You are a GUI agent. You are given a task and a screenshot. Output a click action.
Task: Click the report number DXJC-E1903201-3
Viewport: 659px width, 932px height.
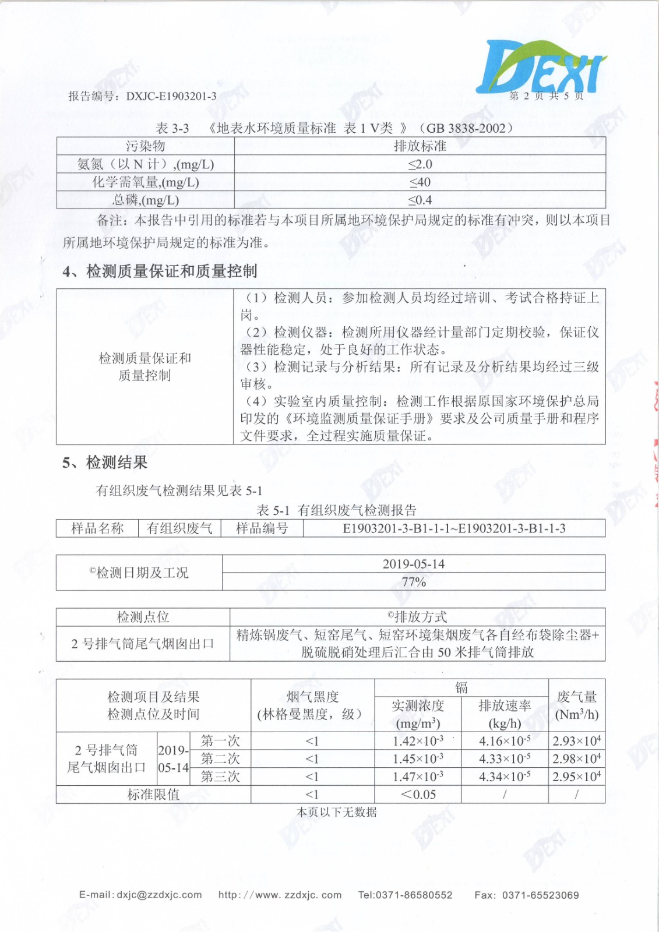(x=171, y=96)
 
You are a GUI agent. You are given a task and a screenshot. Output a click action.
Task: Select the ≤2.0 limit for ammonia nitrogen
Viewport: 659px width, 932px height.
(x=420, y=164)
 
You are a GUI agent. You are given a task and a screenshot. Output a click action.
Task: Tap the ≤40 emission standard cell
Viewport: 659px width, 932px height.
(x=420, y=182)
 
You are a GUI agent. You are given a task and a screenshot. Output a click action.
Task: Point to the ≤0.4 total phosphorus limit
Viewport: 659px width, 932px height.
(x=420, y=200)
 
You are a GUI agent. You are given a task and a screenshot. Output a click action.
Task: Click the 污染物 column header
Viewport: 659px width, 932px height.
(x=145, y=146)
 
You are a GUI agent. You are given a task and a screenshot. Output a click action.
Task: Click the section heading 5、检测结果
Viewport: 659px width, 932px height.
(x=105, y=463)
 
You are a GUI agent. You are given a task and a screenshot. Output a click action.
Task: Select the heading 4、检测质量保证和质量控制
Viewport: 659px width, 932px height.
(x=160, y=271)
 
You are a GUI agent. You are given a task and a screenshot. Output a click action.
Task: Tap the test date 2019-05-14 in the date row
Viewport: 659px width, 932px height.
(x=413, y=564)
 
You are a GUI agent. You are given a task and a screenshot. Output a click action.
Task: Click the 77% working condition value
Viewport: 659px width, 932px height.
(x=413, y=582)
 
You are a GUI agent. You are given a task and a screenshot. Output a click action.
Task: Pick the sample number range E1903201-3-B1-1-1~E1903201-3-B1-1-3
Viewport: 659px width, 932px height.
(x=454, y=529)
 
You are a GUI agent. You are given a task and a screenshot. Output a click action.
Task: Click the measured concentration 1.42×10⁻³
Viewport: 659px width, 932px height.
(x=417, y=741)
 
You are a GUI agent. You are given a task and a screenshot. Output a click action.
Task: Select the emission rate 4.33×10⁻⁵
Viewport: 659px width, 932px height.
(x=504, y=759)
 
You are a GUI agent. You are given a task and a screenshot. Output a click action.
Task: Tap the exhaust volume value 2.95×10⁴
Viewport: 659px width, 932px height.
(x=576, y=777)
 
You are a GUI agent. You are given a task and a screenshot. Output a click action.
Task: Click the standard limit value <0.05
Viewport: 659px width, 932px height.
(x=417, y=795)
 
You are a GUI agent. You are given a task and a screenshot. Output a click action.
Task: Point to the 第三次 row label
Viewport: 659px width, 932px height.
(x=220, y=777)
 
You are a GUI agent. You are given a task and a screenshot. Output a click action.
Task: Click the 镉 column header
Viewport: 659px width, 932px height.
(x=461, y=688)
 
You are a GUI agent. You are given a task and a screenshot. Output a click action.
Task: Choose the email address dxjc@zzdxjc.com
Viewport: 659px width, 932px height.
(x=158, y=895)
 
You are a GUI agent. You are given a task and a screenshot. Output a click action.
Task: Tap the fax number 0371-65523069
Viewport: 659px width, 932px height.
(x=540, y=895)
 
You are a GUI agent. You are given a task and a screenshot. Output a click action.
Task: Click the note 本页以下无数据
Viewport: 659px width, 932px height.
(x=337, y=812)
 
